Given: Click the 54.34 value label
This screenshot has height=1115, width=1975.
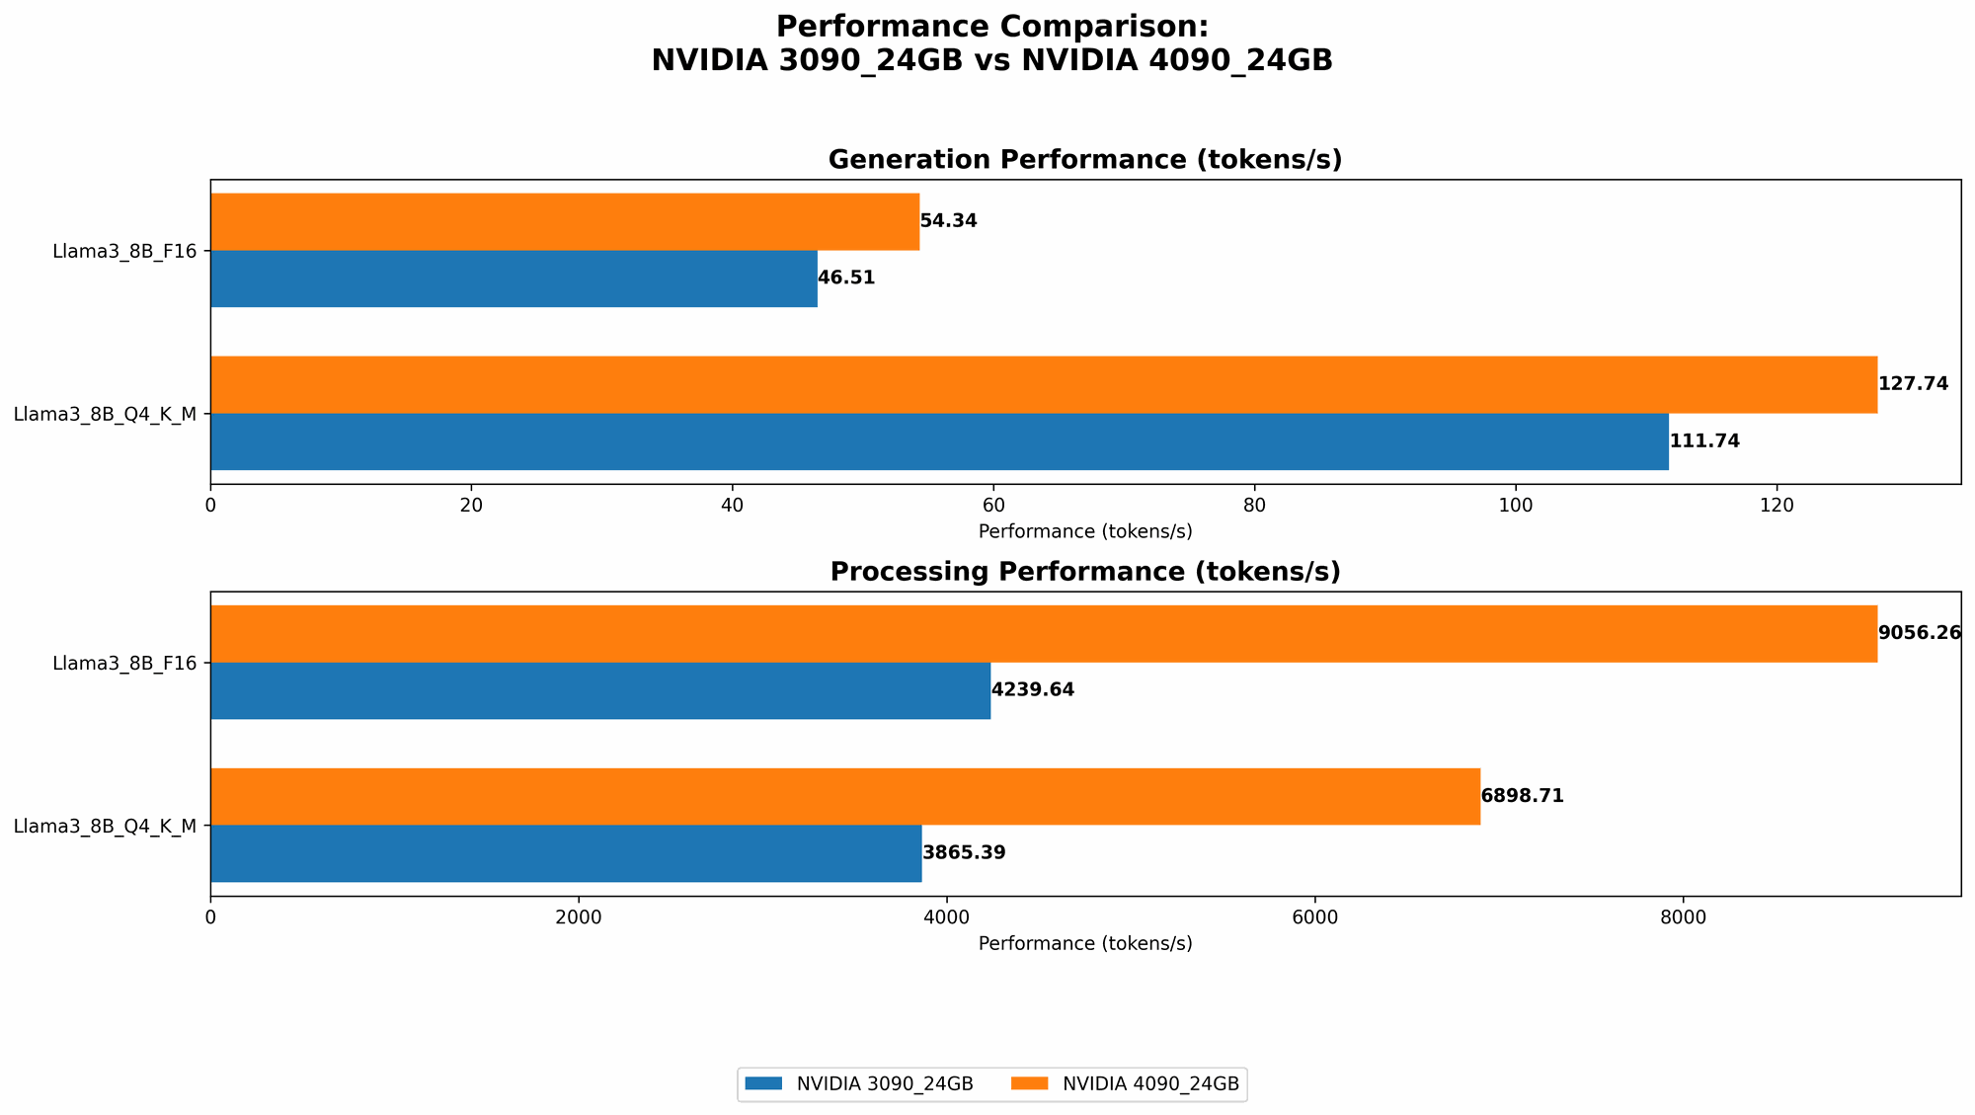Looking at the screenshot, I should pos(948,221).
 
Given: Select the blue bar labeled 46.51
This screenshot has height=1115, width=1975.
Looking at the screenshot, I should pos(513,279).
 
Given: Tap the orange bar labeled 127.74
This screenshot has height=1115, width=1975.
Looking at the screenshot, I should pos(1043,384).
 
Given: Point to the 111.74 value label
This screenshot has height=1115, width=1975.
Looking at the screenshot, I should pos(1704,441).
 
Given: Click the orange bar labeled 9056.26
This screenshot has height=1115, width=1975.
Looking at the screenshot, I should pos(1043,633).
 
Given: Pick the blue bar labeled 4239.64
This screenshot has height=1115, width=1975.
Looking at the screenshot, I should pos(599,690).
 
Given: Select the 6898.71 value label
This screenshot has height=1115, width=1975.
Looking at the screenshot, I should pos(1522,796).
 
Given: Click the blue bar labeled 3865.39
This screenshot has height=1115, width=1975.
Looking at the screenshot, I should pos(566,853).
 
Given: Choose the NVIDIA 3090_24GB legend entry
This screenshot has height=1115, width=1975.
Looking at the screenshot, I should pos(859,1084).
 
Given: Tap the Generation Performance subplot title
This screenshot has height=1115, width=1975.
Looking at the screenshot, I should pos(1085,160).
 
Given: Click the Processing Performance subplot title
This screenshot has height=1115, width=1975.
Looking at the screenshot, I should pos(1085,572).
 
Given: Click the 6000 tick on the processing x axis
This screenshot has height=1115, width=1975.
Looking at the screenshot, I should pos(1314,917).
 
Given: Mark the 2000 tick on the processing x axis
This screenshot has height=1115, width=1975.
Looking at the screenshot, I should pos(579,917).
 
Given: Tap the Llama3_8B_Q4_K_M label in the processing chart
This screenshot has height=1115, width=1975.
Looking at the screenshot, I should pos(105,826).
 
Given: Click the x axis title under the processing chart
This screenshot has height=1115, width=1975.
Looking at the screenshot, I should pos(1085,943).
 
